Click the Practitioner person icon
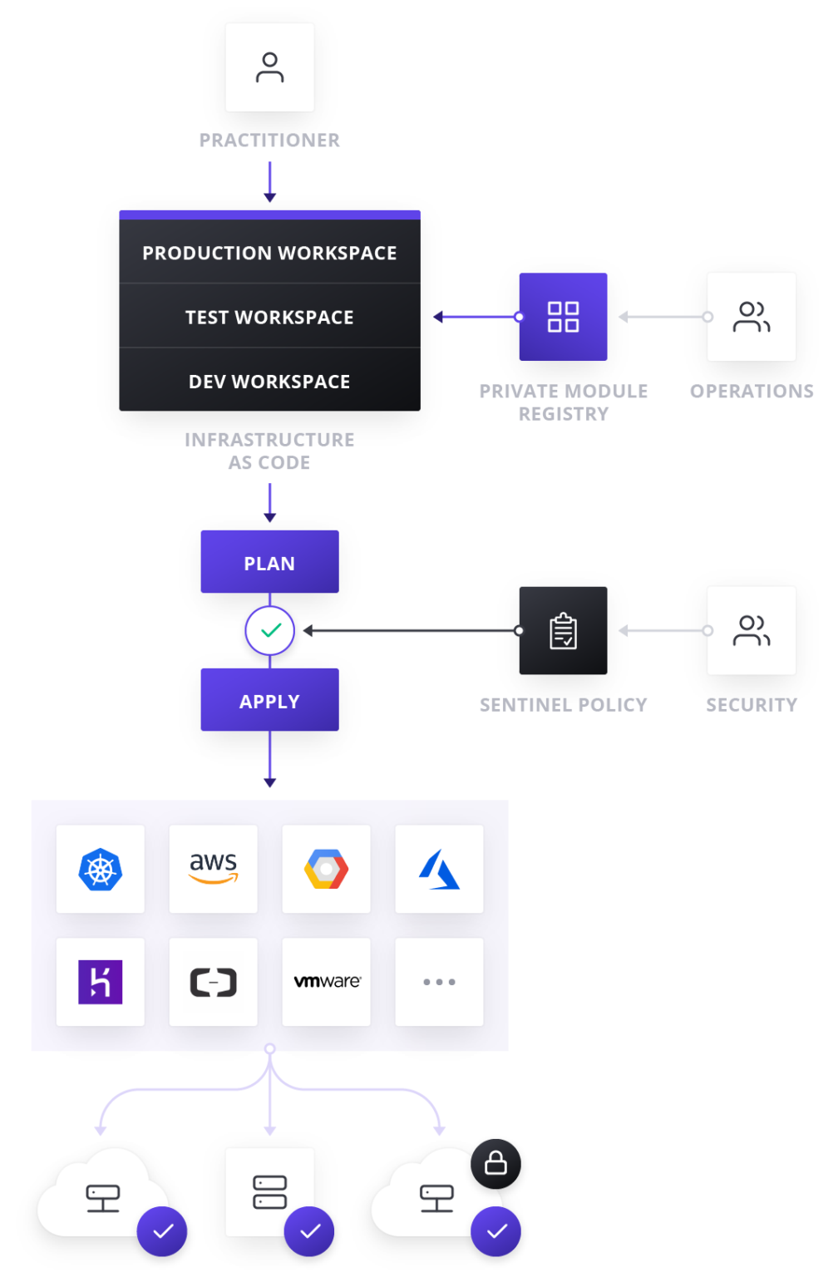(269, 67)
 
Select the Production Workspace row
(269, 253)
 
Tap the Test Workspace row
(269, 317)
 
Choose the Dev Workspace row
(269, 381)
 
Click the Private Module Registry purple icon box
(563, 317)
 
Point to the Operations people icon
(751, 317)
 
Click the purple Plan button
(269, 563)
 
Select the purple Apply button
(269, 701)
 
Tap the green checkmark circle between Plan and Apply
(269, 631)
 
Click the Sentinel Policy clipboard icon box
(563, 631)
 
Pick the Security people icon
(751, 631)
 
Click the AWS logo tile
(214, 869)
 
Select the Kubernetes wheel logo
(101, 869)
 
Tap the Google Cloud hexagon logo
(326, 869)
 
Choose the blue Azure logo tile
(439, 869)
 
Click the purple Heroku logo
(101, 982)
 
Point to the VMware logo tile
(326, 982)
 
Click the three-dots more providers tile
(439, 982)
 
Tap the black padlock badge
(495, 1163)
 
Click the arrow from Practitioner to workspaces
(269, 182)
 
